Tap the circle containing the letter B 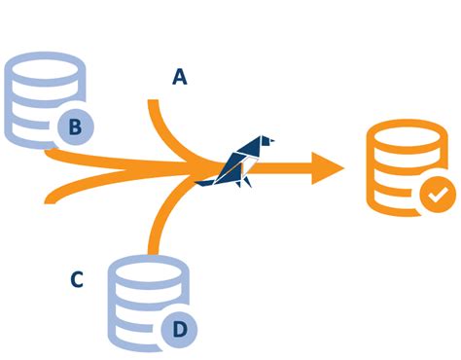pos(75,126)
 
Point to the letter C pos(77,280)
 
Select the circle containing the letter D pos(179,329)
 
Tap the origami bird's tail pos(204,180)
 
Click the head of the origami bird pos(262,141)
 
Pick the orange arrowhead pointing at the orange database pos(327,168)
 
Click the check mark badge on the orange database pos(437,195)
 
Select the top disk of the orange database pos(406,135)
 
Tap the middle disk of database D pos(136,297)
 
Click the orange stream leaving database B pos(107,162)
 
